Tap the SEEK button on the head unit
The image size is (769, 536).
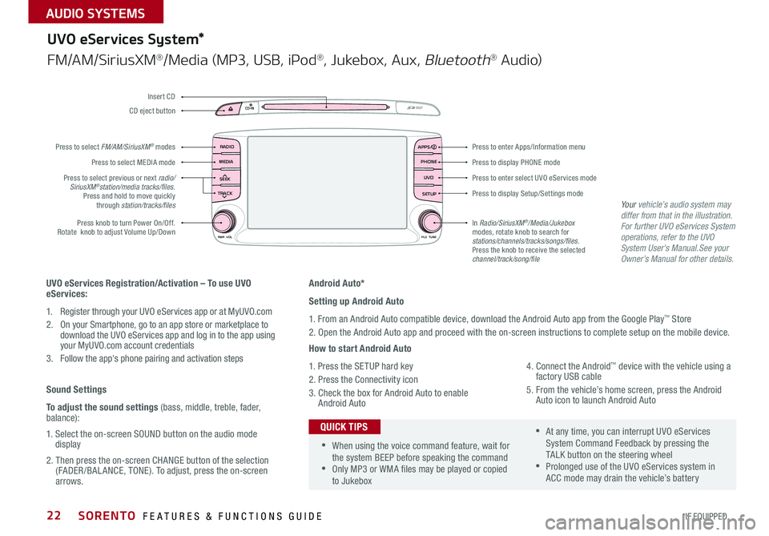pyautogui.click(x=226, y=178)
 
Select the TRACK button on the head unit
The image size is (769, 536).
pyautogui.click(x=226, y=194)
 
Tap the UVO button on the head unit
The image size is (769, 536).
pyautogui.click(x=428, y=178)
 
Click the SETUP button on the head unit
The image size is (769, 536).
pyautogui.click(x=428, y=194)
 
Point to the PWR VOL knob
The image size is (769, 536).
pyautogui.click(x=224, y=220)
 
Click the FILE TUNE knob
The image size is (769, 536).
pyautogui.click(x=430, y=220)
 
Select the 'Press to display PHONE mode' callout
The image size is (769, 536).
pyautogui.click(x=516, y=163)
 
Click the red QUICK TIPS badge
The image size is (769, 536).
pyautogui.click(x=344, y=426)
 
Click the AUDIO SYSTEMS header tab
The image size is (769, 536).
pyautogui.click(x=82, y=12)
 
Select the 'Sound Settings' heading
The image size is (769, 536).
pyautogui.click(x=76, y=389)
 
